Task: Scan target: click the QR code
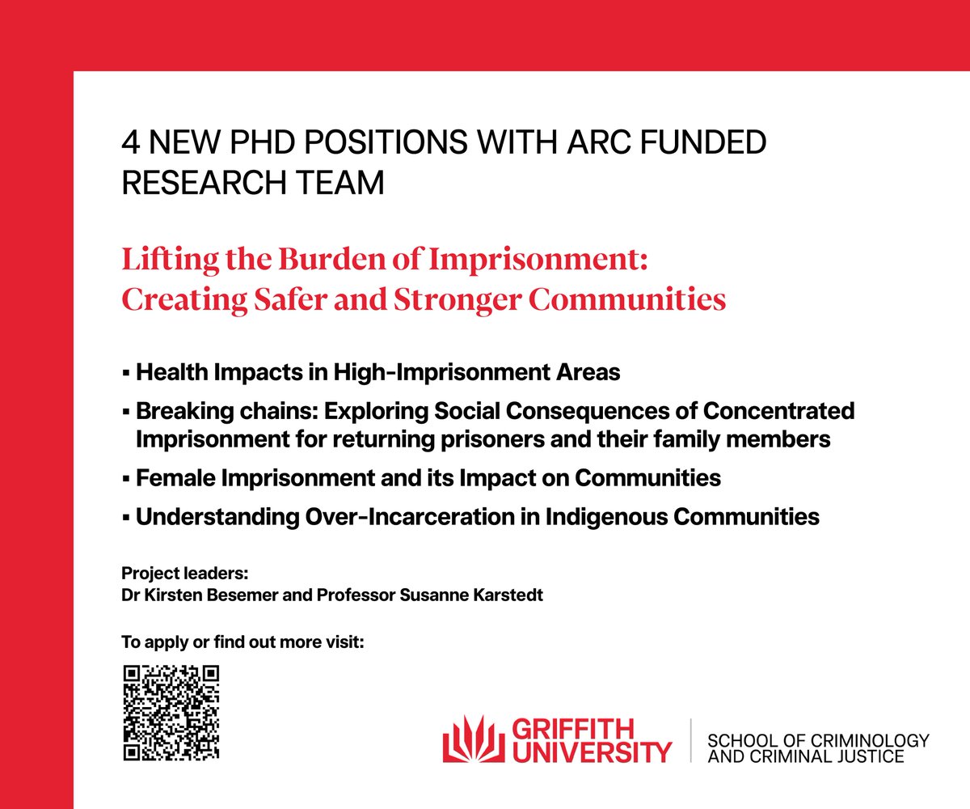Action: pyautogui.click(x=171, y=713)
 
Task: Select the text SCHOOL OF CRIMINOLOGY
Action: pyautogui.click(x=817, y=741)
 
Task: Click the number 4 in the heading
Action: pyautogui.click(x=129, y=144)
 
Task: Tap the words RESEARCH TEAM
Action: pyautogui.click(x=253, y=184)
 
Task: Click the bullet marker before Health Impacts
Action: pyautogui.click(x=126, y=374)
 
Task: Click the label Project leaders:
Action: pyautogui.click(x=185, y=574)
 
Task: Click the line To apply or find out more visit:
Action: pyautogui.click(x=242, y=643)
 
